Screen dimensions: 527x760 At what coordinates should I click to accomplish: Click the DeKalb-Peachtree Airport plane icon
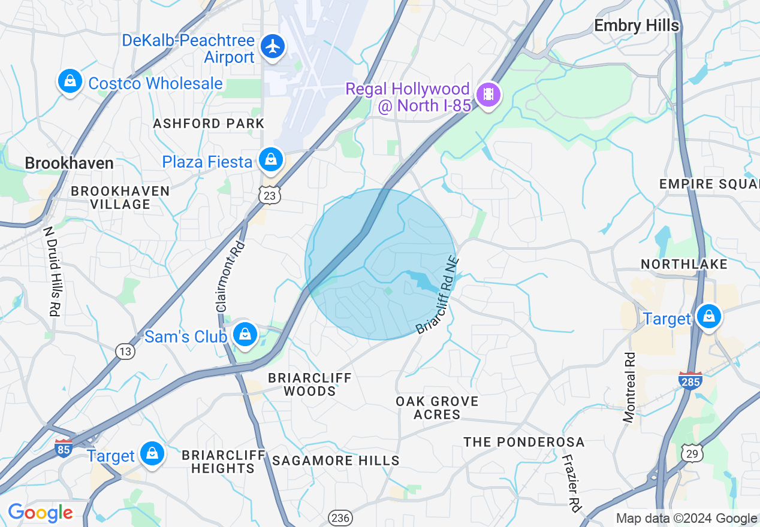coord(273,46)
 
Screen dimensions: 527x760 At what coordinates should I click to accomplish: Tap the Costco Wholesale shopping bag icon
coord(70,81)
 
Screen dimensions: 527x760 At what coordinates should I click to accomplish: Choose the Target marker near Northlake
coord(709,316)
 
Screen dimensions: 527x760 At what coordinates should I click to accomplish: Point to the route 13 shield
coord(125,352)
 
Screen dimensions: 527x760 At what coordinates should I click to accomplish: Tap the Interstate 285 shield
coord(690,380)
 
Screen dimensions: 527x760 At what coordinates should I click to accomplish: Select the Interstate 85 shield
coord(64,447)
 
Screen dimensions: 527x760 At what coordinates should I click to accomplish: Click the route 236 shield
coord(340,517)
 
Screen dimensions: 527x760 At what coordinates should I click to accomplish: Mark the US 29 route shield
coord(692,453)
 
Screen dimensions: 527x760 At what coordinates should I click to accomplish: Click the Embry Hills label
coord(637,26)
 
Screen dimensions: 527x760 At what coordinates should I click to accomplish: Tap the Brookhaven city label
coord(69,163)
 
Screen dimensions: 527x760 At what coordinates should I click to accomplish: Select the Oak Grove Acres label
coord(437,407)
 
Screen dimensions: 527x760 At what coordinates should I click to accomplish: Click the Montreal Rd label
coord(629,387)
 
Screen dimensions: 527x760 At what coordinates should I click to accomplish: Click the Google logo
coord(40,513)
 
